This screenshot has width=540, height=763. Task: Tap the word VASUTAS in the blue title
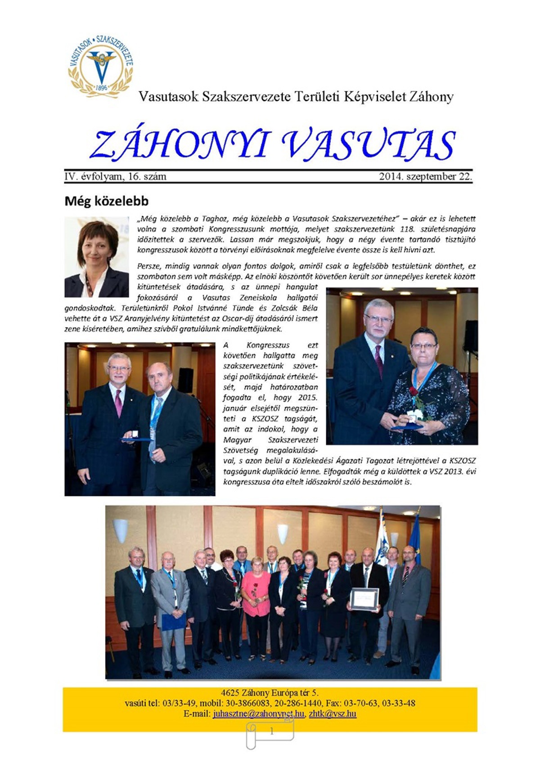point(368,145)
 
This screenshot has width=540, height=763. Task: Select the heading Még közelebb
point(106,201)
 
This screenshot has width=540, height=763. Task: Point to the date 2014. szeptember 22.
point(425,176)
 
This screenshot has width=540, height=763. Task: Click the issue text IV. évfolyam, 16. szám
point(115,176)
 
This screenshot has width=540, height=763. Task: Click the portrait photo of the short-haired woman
point(97,257)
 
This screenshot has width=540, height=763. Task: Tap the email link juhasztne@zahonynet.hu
point(259,714)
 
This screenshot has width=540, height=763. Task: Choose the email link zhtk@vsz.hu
point(333,714)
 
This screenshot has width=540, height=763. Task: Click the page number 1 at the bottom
point(271,732)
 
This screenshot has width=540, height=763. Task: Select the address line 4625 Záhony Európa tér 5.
point(270,693)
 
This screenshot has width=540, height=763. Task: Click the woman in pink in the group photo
point(256,594)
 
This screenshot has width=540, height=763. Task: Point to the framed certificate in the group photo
point(364,599)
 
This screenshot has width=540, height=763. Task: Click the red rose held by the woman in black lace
point(414,391)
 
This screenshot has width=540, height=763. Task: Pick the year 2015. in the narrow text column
point(307,398)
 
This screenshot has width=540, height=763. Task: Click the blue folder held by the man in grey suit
point(173,621)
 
